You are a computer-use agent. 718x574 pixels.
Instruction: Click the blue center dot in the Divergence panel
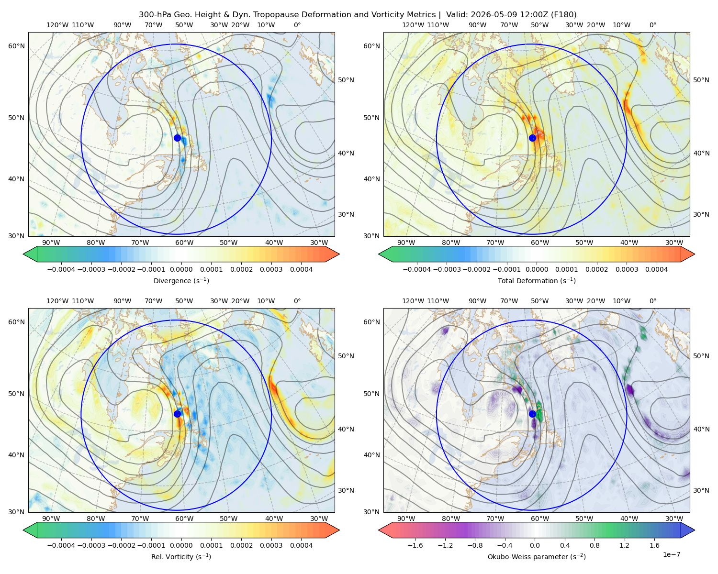coord(177,138)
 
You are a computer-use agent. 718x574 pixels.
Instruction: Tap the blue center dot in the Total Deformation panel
coord(532,138)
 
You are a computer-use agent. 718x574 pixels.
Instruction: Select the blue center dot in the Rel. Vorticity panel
coord(177,414)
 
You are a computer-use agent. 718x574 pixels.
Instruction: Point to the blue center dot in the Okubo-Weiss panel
coord(532,414)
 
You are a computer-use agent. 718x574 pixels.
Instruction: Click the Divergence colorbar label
coord(181,281)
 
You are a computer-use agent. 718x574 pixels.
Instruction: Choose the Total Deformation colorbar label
coord(537,281)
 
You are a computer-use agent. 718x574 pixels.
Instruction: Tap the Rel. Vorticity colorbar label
coord(181,557)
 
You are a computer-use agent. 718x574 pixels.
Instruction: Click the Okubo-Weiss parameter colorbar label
coord(537,557)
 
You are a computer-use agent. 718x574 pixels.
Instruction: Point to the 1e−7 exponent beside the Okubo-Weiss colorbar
coord(671,554)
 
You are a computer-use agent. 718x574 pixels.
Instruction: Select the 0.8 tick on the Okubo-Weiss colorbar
coord(595,545)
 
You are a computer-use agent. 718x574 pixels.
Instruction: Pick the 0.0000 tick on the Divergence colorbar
coord(181,269)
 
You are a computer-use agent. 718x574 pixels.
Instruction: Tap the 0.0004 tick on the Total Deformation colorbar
coord(656,269)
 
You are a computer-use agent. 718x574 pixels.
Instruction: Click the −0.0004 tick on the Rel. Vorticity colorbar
coord(61,545)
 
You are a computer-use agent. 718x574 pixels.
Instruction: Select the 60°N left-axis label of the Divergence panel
coord(16,46)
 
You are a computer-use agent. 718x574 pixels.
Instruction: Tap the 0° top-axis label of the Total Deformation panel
coord(652,25)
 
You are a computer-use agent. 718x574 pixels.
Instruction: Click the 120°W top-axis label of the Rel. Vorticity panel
coord(57,301)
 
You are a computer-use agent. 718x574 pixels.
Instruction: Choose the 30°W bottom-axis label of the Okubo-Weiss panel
coord(674,519)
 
